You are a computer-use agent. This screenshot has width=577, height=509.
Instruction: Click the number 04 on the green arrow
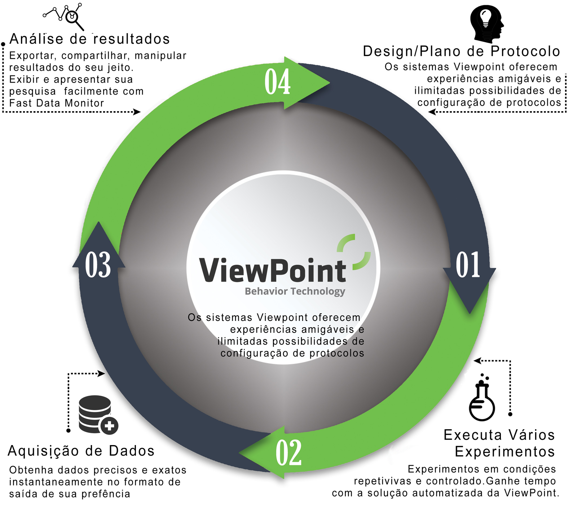click(277, 82)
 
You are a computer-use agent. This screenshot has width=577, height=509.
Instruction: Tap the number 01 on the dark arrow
click(468, 265)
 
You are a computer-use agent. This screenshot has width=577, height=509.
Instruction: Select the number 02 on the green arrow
click(288, 453)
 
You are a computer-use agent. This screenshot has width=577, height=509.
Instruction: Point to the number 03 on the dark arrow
click(98, 265)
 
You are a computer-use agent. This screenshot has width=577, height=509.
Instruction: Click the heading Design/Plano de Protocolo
click(461, 51)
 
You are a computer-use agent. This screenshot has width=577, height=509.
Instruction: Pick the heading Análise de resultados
click(89, 39)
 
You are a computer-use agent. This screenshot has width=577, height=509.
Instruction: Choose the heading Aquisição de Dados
click(81, 451)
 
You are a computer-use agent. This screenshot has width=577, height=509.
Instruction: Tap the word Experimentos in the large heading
click(505, 452)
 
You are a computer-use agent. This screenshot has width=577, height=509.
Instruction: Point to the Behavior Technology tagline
click(295, 291)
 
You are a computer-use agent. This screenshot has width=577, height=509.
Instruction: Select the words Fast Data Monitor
click(57, 103)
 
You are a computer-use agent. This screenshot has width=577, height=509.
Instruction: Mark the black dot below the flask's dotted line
click(510, 414)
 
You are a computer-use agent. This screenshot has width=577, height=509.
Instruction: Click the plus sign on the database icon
click(109, 426)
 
